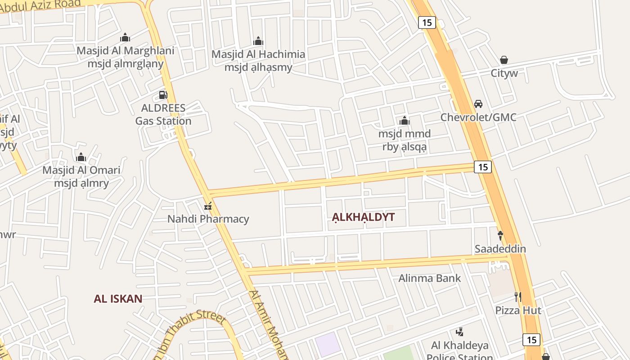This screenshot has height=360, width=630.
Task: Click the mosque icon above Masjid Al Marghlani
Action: tap(125, 37)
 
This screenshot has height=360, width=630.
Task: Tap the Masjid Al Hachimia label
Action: tap(258, 54)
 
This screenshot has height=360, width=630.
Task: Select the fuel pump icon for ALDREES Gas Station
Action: tap(163, 95)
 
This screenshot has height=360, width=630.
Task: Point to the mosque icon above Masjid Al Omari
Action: tap(81, 157)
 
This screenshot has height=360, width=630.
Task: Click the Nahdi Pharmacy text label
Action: tap(208, 219)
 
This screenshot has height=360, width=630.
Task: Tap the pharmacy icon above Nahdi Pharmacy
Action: tap(208, 207)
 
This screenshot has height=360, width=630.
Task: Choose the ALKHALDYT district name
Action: tap(363, 217)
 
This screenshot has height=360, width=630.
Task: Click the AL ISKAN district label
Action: tap(118, 298)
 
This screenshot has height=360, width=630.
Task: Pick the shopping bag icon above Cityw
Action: tap(504, 60)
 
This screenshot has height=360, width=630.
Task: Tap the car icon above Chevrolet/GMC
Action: tap(478, 104)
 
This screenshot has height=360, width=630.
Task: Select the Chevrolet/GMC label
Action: tap(478, 117)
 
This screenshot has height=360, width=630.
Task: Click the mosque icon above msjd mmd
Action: tap(404, 121)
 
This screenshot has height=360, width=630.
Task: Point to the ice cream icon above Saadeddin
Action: tap(500, 235)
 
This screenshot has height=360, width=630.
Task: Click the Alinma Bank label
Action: tap(430, 278)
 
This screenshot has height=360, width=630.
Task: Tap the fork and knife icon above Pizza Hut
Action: tap(518, 297)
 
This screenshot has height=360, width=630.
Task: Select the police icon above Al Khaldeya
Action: tap(459, 332)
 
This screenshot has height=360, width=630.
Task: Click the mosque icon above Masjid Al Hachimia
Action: tap(258, 41)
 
